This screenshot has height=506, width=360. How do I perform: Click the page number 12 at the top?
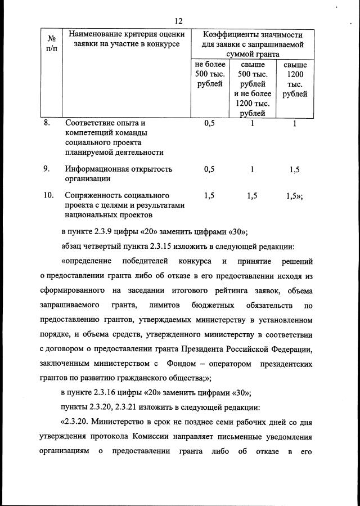[x=179, y=21]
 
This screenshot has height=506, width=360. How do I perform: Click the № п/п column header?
[x=51, y=44]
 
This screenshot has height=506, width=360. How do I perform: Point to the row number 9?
[x=48, y=168]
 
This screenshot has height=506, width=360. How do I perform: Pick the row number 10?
[x=48, y=195]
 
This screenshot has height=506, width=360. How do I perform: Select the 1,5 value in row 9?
[x=294, y=169]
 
